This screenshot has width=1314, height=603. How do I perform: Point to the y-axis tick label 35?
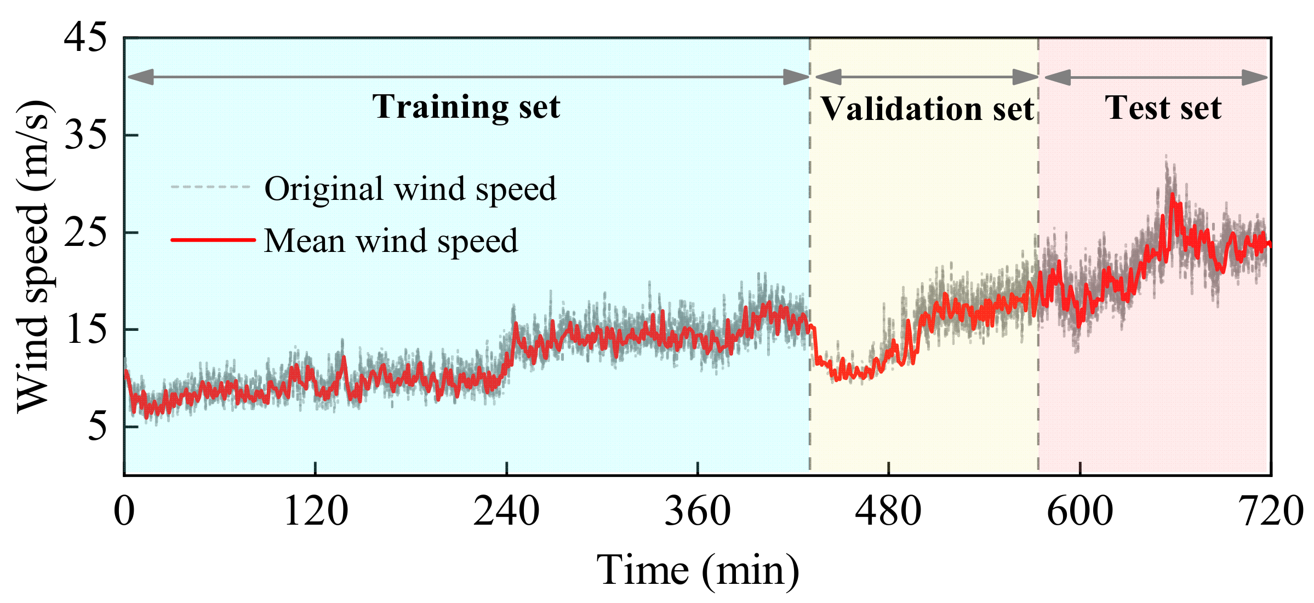[x=85, y=135]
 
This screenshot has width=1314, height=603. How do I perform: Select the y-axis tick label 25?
[x=85, y=233]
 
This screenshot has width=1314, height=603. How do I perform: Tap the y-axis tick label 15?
[x=85, y=330]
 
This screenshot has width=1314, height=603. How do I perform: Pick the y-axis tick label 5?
[x=97, y=427]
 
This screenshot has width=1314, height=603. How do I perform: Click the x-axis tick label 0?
[x=124, y=512]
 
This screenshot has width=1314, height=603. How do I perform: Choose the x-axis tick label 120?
[x=316, y=512]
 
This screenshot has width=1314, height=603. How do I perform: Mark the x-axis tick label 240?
[x=506, y=512]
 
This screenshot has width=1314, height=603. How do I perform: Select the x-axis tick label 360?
[x=698, y=512]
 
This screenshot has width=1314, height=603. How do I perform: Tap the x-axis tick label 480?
[x=888, y=512]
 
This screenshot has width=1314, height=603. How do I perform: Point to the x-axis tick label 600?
[x=1079, y=512]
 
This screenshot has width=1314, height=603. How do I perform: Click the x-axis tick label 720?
[x=1271, y=512]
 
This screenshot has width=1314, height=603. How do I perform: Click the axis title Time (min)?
[x=698, y=571]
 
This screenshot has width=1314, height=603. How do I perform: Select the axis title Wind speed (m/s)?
[x=34, y=256]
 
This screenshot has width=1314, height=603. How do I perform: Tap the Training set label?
[x=466, y=106]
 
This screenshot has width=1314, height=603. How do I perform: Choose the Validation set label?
[x=927, y=108]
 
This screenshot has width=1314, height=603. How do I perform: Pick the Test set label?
[x=1163, y=107]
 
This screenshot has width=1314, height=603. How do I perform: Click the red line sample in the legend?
[x=213, y=240]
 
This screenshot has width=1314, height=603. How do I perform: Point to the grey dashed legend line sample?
[x=210, y=187]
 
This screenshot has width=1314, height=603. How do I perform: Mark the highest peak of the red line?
[x=1172, y=194]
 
